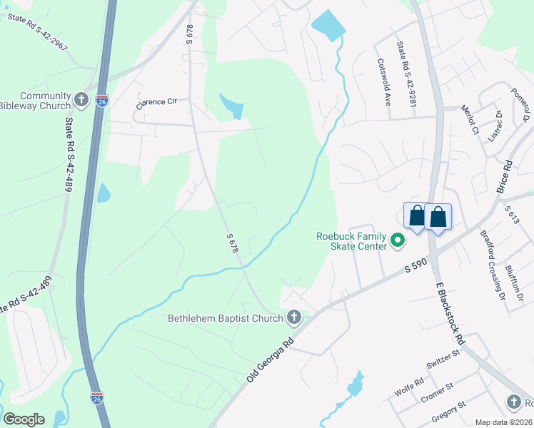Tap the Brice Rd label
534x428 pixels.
point(508,174)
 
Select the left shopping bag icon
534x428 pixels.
point(415,215)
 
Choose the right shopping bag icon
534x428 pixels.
point(438,215)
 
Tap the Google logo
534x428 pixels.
point(23,419)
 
